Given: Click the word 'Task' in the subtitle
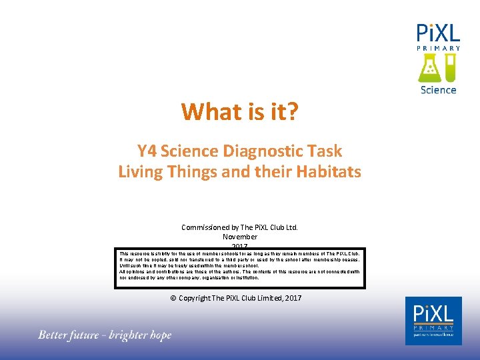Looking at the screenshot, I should (325, 151).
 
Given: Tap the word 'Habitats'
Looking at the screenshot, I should (327, 171).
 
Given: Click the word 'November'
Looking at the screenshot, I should (240, 237).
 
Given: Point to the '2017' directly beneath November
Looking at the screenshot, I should (240, 246).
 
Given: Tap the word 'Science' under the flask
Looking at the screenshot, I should (438, 89).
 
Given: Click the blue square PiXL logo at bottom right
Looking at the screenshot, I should (433, 321).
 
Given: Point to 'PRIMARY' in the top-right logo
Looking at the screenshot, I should (438, 48).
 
